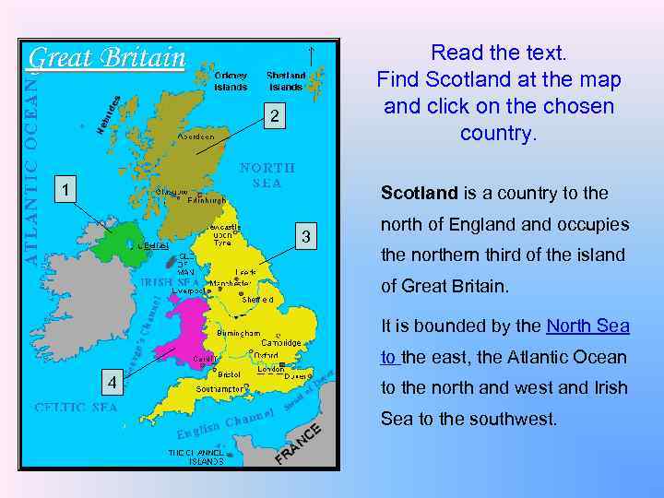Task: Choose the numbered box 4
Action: click(111, 382)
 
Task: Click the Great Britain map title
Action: click(107, 58)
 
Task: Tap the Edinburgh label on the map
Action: click(206, 200)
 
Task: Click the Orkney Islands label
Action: click(231, 81)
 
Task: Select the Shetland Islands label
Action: click(286, 81)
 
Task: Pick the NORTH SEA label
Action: click(267, 175)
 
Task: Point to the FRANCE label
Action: click(300, 444)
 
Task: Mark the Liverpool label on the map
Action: click(190, 290)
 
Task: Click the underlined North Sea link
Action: click(587, 326)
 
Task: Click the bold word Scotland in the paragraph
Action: click(419, 193)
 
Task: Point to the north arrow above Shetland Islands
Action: click(313, 54)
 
